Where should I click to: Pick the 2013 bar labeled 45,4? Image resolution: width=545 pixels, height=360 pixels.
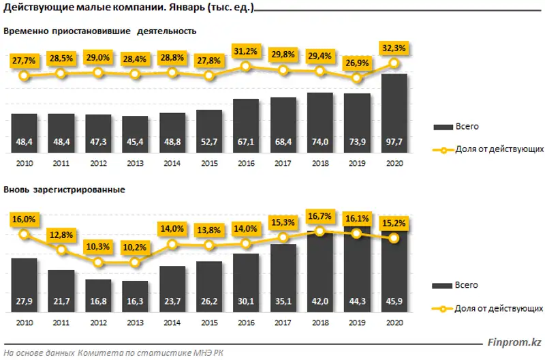coord(135,134)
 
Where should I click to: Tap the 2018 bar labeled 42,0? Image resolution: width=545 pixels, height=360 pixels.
coord(320,269)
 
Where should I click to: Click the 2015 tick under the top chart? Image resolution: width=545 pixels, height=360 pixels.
coord(209,164)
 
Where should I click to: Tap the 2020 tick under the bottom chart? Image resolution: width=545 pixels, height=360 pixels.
coord(394,323)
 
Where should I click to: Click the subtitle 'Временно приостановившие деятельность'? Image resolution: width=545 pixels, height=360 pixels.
coord(99,31)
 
